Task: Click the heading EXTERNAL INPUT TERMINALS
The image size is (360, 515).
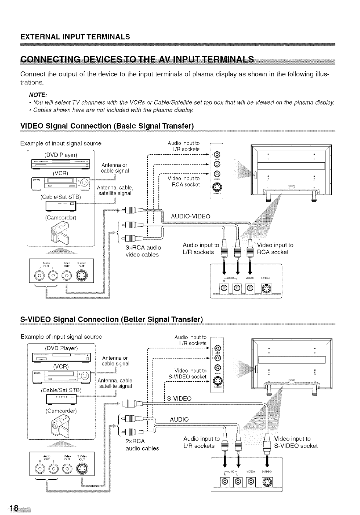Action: (x=75, y=37)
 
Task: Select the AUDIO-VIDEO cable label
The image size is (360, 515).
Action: (x=191, y=217)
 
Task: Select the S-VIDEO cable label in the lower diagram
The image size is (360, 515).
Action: (x=179, y=399)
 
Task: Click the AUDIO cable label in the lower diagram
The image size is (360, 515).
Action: (x=179, y=419)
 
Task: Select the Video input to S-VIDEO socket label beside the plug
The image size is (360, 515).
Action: (x=296, y=442)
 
